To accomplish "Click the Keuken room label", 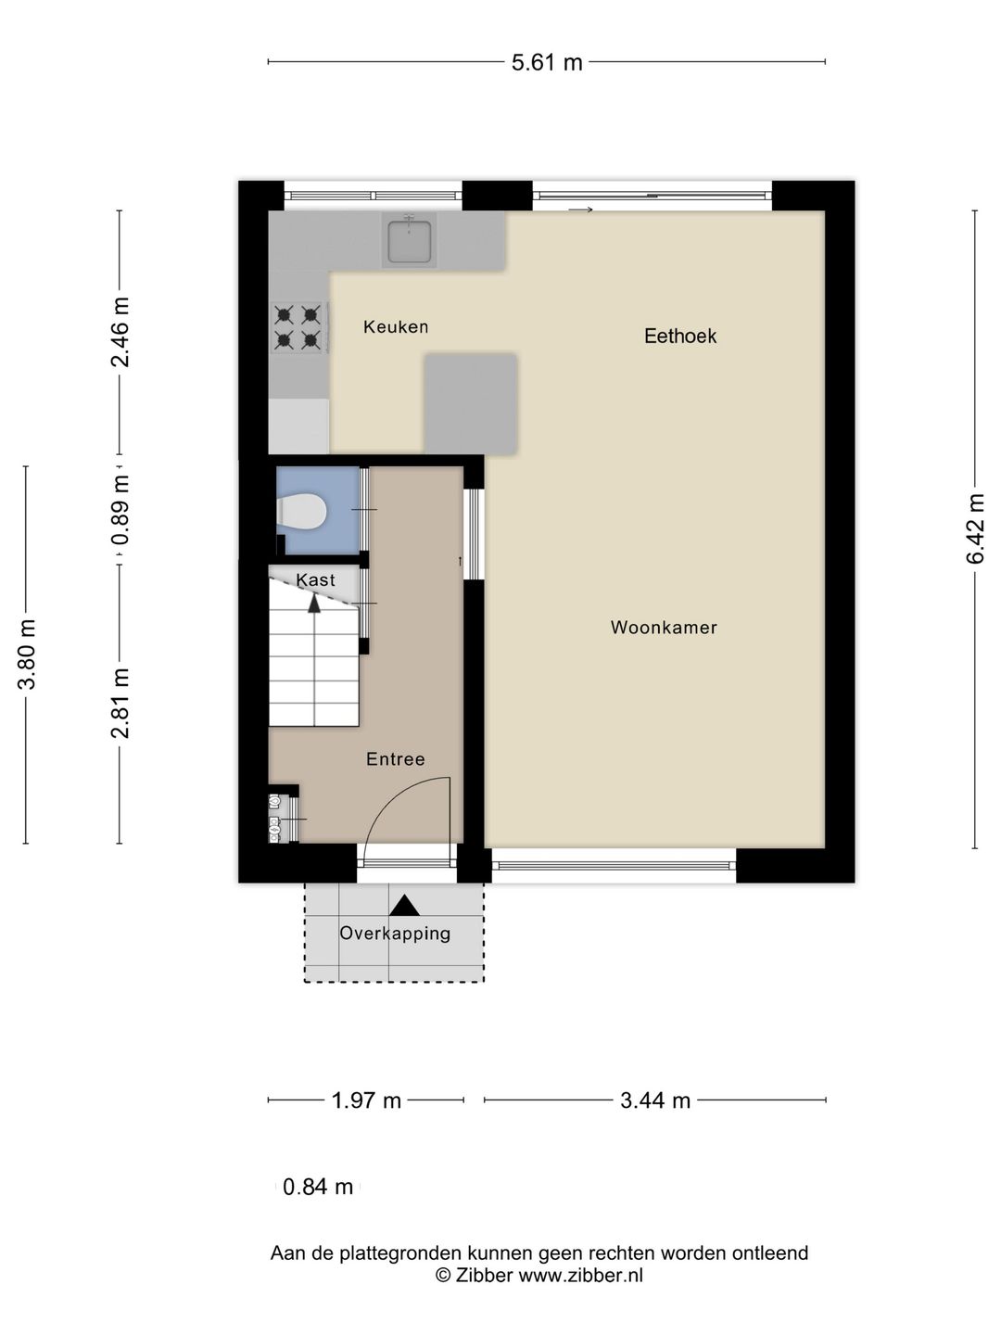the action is tap(396, 326).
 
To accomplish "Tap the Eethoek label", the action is tap(680, 336).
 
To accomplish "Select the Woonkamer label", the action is tap(664, 627).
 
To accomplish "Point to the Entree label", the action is tap(396, 758).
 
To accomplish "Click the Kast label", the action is tap(315, 579).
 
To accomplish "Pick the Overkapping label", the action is tap(395, 933).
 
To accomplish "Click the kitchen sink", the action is tap(409, 240).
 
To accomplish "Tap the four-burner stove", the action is tap(299, 328).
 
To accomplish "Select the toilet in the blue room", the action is tap(302, 511).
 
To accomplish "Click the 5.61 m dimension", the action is tap(547, 62).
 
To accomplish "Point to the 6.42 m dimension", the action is tap(975, 528).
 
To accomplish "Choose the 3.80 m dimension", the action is tap(27, 655).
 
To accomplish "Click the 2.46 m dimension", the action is tap(120, 332).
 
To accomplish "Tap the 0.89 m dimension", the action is tap(120, 510).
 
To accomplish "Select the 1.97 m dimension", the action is tap(366, 1100).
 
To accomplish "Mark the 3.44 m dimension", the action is tap(655, 1100).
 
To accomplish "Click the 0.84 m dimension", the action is tap(318, 1187).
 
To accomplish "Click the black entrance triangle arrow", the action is tap(404, 906).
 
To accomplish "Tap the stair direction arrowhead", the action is tap(314, 604).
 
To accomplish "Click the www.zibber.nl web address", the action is tap(580, 1276).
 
